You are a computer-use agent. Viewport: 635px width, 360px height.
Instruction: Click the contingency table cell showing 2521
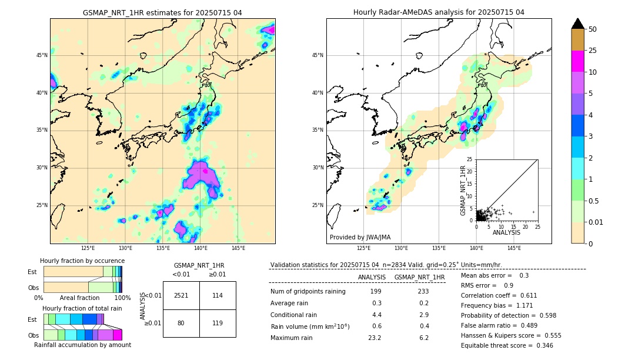point(181,295)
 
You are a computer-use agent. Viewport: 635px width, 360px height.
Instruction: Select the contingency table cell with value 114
point(218,295)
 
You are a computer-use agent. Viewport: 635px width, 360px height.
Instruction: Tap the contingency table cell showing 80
point(181,323)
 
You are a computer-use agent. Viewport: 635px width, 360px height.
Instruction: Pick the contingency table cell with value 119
point(218,323)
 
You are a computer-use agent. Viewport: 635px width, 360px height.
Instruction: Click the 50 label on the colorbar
point(593,29)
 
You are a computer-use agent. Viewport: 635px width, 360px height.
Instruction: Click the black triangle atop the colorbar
point(578,24)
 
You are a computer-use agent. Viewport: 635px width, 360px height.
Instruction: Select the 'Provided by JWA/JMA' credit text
point(360,238)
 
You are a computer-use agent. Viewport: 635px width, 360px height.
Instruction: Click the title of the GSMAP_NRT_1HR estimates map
point(162,12)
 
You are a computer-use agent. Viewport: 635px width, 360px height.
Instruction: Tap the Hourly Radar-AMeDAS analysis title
point(439,12)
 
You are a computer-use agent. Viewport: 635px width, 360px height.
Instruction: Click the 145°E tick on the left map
point(238,248)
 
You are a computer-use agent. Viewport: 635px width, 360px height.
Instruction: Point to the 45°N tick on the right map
point(317,55)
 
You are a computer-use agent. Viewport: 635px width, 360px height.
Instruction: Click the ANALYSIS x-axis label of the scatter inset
point(506,232)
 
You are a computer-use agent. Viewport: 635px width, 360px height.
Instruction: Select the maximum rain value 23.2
point(375,338)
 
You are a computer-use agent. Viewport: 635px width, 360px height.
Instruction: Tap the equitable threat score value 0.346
point(543,345)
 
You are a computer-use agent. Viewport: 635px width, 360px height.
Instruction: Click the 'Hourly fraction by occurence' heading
point(82,261)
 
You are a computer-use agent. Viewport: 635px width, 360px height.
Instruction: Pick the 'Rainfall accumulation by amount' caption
point(82,345)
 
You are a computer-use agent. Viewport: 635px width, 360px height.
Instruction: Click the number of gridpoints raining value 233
point(423,291)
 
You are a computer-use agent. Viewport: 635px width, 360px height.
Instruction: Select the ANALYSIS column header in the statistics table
point(372,277)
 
